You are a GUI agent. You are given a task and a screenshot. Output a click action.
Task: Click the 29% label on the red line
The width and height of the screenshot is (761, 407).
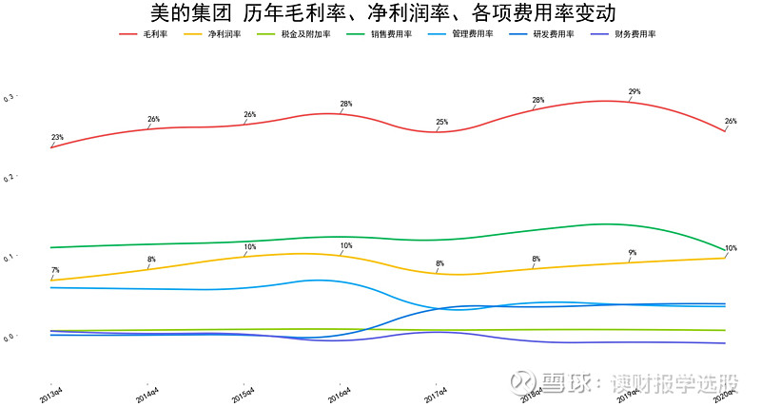(x=634, y=92)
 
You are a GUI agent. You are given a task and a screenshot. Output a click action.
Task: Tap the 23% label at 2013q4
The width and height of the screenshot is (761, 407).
(x=57, y=138)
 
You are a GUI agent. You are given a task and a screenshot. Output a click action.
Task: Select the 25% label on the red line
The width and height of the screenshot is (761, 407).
(x=441, y=123)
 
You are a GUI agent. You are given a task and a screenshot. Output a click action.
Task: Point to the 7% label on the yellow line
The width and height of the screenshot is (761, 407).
(x=55, y=271)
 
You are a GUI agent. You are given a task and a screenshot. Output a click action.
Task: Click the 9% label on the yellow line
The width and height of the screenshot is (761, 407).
(x=633, y=253)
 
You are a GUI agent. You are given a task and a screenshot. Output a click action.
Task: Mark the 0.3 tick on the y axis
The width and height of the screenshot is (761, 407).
(x=9, y=98)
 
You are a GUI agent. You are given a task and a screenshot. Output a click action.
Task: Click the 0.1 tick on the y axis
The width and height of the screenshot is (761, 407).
(x=9, y=258)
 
